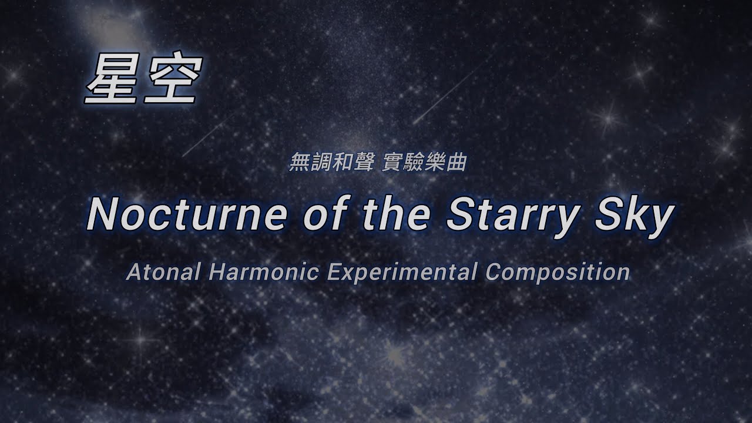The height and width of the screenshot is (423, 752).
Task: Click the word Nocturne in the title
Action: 189,214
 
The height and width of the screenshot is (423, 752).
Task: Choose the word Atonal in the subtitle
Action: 158,272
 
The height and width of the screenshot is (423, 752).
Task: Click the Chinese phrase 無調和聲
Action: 331,163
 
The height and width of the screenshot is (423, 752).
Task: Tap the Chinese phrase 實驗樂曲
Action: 424,163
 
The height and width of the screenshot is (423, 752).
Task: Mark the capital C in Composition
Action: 493,272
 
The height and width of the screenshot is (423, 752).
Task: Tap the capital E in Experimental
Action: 333,272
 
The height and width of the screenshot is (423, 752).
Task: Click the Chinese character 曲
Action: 457,163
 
